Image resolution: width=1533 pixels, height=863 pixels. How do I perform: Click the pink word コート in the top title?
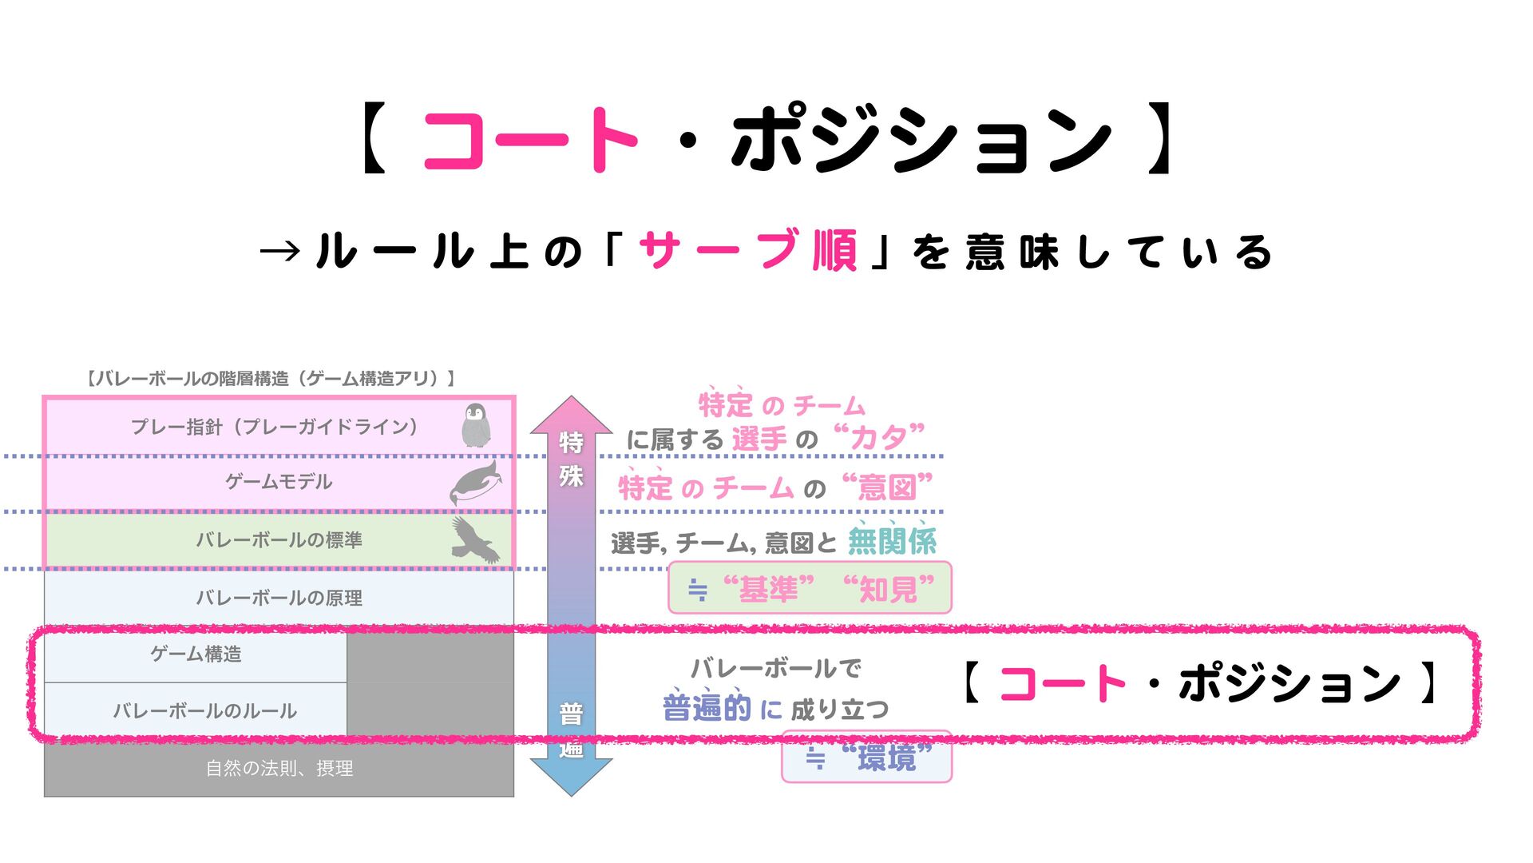tap(529, 140)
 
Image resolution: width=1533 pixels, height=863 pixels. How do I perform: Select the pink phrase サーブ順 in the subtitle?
tap(748, 251)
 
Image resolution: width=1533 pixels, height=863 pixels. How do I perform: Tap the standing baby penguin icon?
tap(476, 425)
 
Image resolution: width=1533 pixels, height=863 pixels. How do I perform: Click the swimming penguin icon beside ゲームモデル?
tap(476, 483)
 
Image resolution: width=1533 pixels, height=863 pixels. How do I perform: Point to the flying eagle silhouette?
tap(475, 539)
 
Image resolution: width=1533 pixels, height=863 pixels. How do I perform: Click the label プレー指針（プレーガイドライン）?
tap(274, 427)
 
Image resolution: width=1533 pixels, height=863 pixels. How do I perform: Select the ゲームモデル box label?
tap(278, 482)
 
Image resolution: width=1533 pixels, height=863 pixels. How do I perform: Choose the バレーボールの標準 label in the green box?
tap(279, 540)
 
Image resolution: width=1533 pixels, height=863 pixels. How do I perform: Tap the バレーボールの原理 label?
tap(279, 598)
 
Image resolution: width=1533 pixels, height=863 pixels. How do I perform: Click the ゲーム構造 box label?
tap(196, 654)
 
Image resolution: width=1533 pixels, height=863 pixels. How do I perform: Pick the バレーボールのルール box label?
tap(204, 710)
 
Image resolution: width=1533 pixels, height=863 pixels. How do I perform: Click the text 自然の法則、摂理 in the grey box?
tap(279, 769)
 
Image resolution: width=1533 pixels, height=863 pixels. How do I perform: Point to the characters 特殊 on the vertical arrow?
tap(571, 459)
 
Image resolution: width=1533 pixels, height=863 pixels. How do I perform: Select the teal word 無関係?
tap(892, 542)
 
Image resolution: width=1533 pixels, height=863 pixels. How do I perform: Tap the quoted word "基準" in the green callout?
tap(768, 590)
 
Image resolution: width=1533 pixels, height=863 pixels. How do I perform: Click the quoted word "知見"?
tap(889, 590)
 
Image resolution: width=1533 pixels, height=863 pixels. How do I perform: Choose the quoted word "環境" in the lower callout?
tap(886, 757)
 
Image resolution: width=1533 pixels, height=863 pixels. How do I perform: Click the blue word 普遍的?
tap(707, 708)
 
